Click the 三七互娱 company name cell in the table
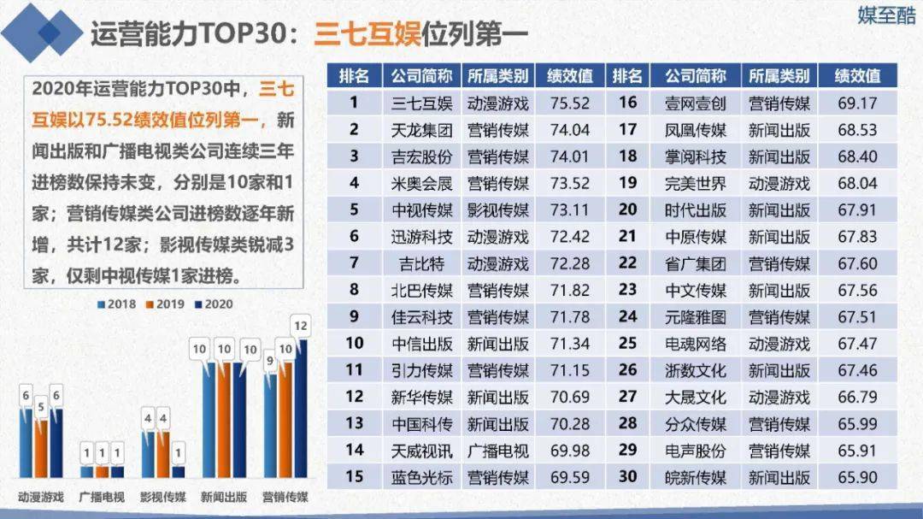(421, 103)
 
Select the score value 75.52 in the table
(570, 103)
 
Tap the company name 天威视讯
(421, 449)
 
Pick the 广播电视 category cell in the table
(498, 449)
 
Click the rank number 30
(628, 475)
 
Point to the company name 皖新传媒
(695, 476)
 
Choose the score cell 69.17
(858, 103)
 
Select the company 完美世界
(695, 183)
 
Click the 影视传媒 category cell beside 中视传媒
(498, 209)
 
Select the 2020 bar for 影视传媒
(179, 471)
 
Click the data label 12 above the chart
(300, 325)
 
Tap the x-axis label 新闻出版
(225, 497)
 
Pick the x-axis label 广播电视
(102, 497)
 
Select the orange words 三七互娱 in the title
(365, 33)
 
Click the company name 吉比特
(421, 262)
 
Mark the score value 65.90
(858, 476)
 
